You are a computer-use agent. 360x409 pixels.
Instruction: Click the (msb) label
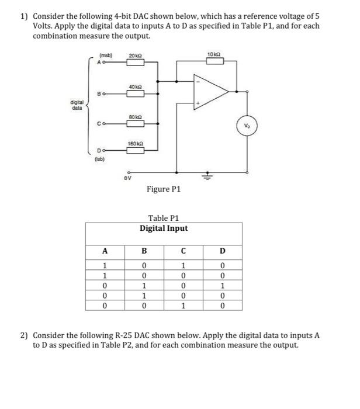[108, 56]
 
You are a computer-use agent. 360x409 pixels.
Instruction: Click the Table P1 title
[164, 218]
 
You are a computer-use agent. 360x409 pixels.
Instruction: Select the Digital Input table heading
[164, 228]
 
